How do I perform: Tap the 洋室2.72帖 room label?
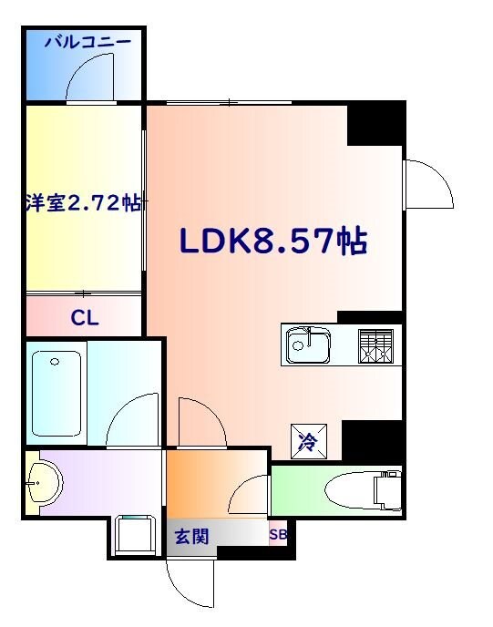[83, 204]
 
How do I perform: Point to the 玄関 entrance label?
[191, 537]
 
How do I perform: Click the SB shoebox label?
[277, 535]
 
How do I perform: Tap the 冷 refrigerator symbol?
[307, 443]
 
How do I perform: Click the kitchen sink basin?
[308, 346]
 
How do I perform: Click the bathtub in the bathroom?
[56, 392]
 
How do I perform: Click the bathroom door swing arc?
[134, 419]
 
